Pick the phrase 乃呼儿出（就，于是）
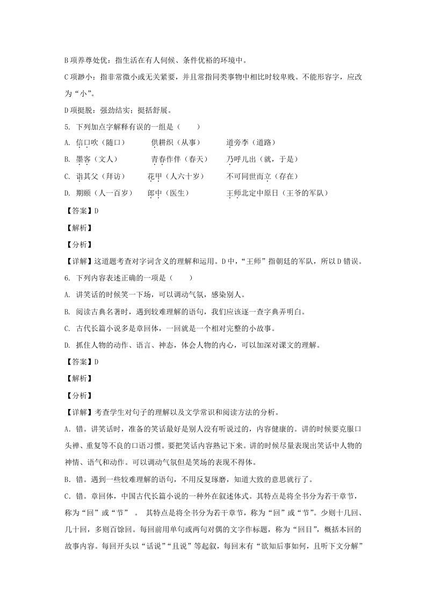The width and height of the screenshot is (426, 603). [262, 159]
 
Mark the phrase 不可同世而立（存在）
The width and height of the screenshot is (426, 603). [262, 176]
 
